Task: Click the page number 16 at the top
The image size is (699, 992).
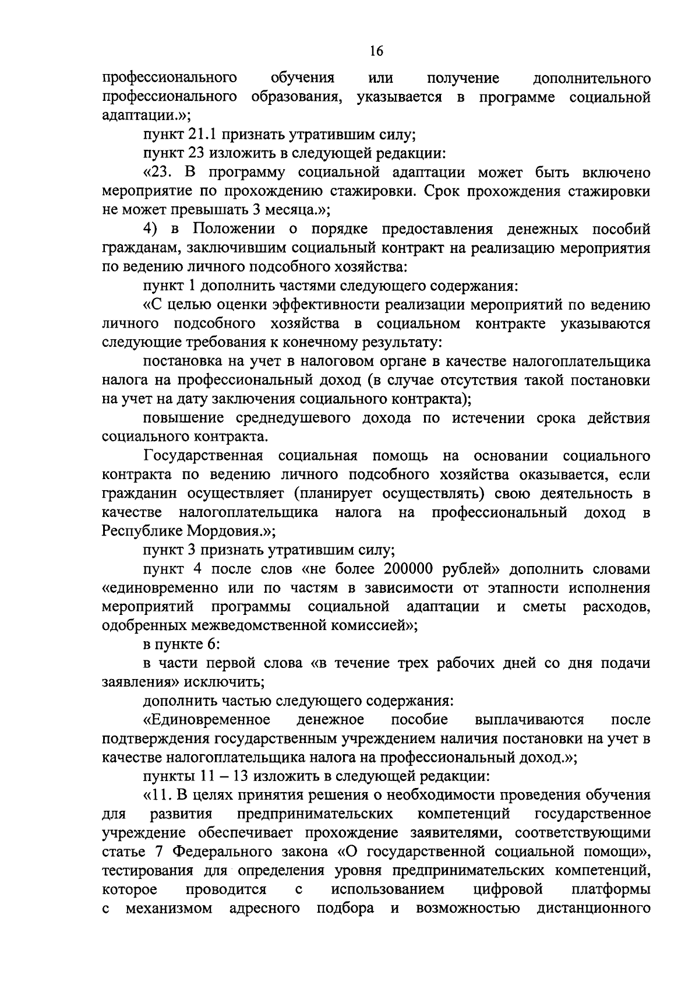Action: click(x=376, y=51)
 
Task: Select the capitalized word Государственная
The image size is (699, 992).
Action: click(x=203, y=455)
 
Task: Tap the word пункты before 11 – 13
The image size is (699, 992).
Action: click(x=168, y=776)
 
